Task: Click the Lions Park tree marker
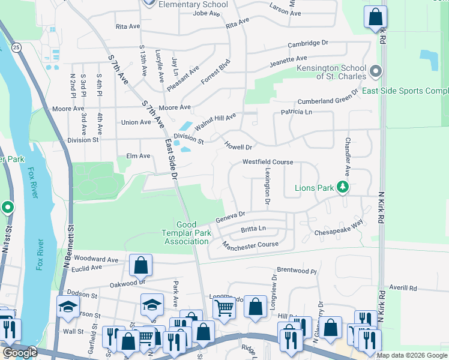[343, 188]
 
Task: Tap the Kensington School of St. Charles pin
[376, 72]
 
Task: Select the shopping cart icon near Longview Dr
[224, 308]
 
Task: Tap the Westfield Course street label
[268, 162]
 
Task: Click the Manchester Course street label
[250, 245]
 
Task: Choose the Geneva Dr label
[231, 215]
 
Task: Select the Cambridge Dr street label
[308, 44]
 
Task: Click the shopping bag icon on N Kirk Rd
[375, 17]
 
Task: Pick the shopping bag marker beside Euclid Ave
[140, 265]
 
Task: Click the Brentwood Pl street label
[296, 271]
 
